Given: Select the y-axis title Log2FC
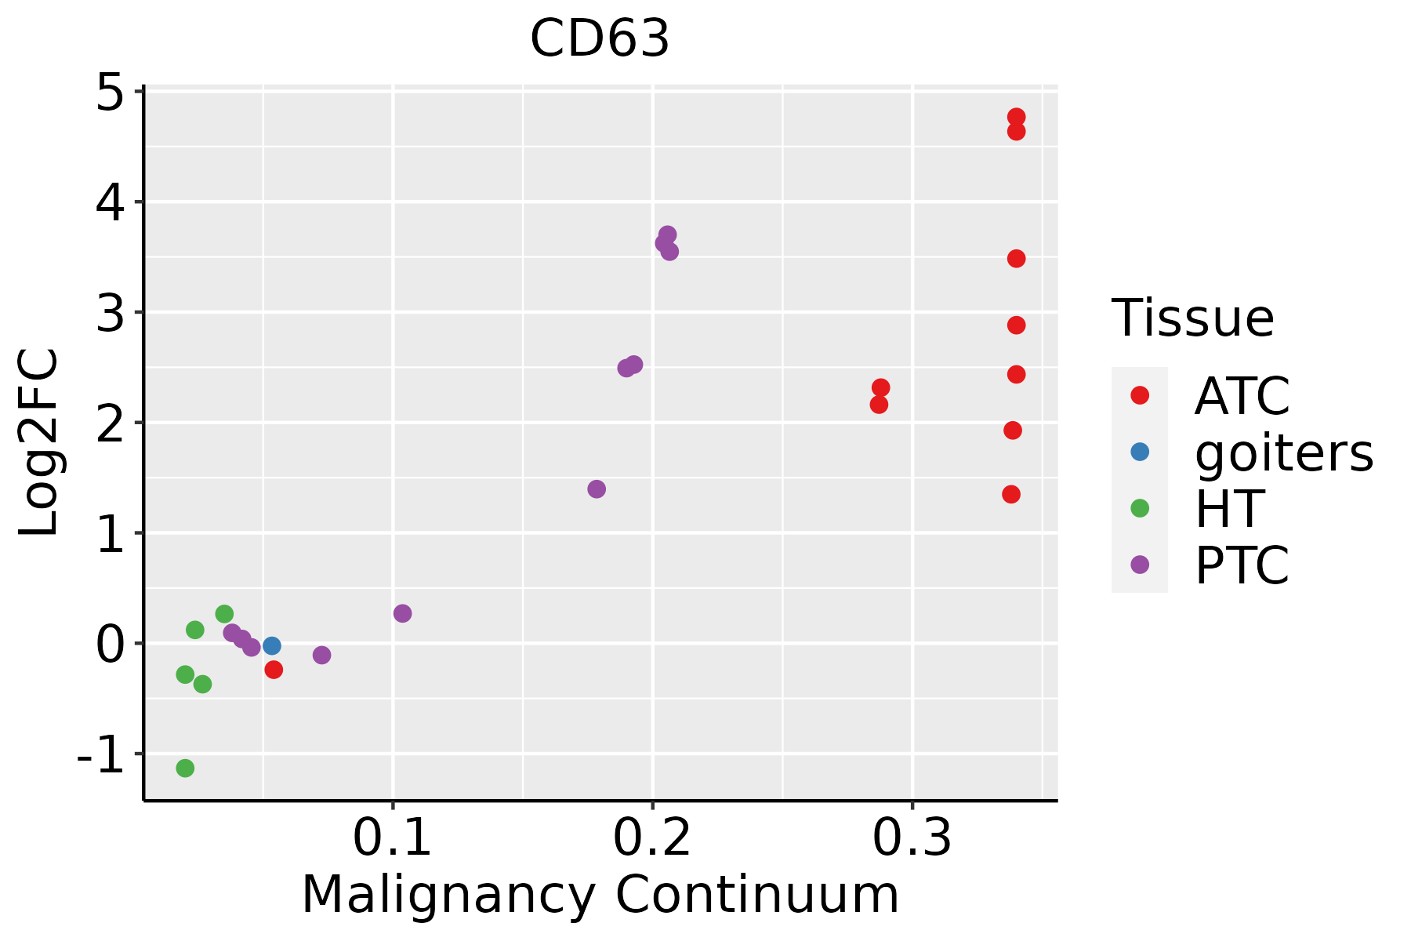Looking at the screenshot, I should coord(39,442).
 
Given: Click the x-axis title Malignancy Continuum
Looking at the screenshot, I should coord(600,896).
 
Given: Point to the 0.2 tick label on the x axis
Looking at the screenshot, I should coord(651,838).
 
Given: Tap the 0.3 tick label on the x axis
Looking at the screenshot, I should coord(912,838).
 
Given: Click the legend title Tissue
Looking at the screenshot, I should coord(1192,318).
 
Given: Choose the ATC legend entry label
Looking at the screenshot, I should coord(1242,396).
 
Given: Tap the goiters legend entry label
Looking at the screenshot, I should coord(1283,452).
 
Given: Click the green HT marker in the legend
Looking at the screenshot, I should coord(1140,508).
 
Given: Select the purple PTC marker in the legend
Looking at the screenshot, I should coord(1140,565).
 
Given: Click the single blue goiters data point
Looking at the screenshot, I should coord(272,646).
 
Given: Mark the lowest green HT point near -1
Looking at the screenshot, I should coord(185,768).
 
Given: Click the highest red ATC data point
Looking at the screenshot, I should coord(1016,118).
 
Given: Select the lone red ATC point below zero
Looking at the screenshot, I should coord(274,670).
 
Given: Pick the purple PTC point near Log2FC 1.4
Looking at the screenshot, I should coord(597,489).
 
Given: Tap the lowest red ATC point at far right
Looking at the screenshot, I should coord(1011,494).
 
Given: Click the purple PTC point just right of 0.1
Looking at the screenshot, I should coord(402,613).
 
